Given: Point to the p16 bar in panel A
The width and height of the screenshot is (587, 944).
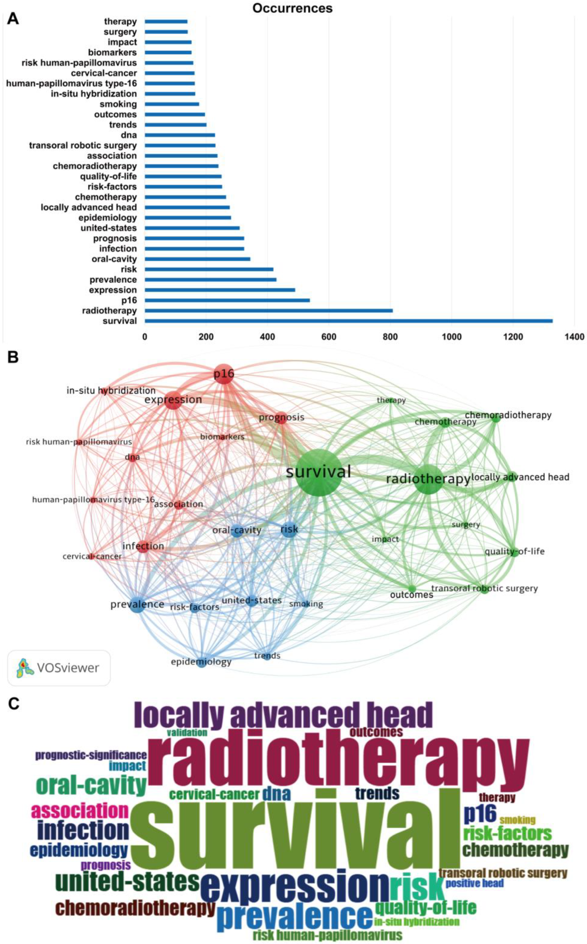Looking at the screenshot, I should coord(227,300).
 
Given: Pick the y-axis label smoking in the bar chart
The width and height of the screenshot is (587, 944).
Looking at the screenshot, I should coord(118,104).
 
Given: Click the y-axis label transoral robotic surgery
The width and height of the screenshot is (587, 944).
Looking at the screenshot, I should coord(83,146).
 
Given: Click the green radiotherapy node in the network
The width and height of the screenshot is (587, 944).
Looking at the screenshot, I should coord(428,479).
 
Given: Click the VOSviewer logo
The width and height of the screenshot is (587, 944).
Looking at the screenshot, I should coord(59,668).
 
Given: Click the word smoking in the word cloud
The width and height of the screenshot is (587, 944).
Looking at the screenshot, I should coord(517,820).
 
